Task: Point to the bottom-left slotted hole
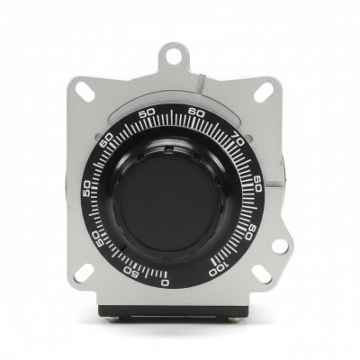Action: tap(83, 269)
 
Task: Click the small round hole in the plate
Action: tap(280, 246)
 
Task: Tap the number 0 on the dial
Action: tap(164, 282)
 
